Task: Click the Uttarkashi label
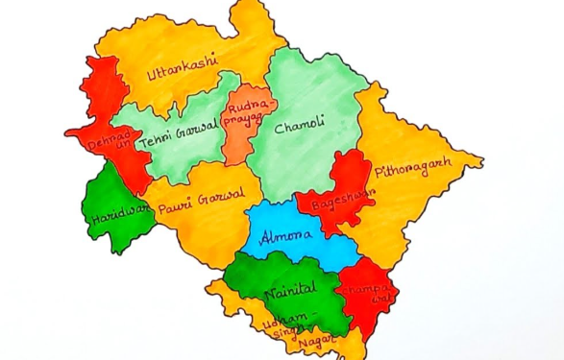[x=182, y=68]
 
